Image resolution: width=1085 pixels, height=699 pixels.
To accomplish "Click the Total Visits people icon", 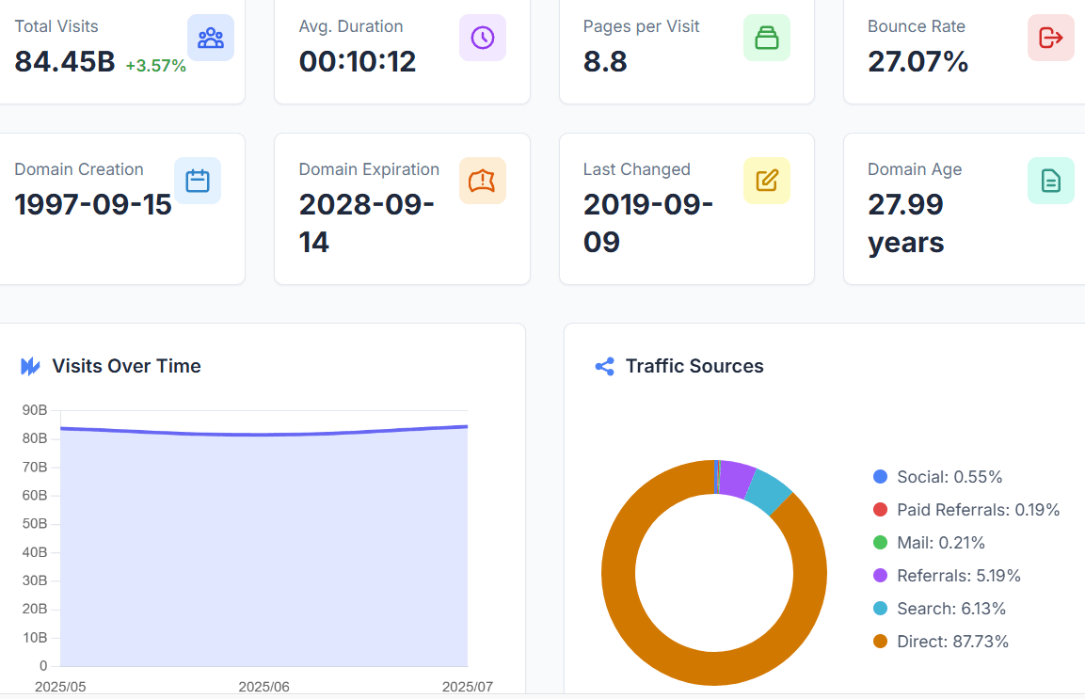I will (211, 38).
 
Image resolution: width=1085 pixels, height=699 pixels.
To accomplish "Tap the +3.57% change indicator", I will (155, 66).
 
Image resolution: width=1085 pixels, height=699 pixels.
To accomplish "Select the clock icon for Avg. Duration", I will (483, 38).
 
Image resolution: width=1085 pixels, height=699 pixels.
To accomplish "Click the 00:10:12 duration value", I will (358, 62).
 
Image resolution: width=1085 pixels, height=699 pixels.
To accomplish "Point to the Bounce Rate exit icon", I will (1050, 38).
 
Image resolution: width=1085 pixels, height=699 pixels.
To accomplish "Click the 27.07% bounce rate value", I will (917, 62).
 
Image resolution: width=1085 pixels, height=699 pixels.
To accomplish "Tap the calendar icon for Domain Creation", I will (198, 181).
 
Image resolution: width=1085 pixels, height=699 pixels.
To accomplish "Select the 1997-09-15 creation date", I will (93, 204).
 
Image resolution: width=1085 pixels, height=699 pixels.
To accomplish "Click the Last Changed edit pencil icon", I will (767, 181).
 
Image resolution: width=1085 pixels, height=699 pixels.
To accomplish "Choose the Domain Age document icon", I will (1050, 181).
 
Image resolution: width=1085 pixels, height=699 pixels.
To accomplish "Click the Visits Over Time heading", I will (126, 366).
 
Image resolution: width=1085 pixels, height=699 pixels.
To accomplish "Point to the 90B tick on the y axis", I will (35, 410).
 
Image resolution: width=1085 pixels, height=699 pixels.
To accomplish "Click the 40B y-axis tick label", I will (35, 552).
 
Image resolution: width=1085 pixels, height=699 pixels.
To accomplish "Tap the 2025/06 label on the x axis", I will (263, 687).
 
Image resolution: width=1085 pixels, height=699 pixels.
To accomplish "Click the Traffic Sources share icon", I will (605, 366).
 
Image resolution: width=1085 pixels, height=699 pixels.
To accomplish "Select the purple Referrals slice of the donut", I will (737, 478).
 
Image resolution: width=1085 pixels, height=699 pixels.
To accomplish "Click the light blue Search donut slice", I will (770, 492).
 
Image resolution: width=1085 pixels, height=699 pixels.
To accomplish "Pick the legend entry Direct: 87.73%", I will (951, 642).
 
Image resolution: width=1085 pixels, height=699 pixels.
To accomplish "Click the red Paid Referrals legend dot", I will (880, 510).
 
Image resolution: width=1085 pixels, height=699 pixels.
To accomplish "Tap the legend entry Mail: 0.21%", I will (940, 543).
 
